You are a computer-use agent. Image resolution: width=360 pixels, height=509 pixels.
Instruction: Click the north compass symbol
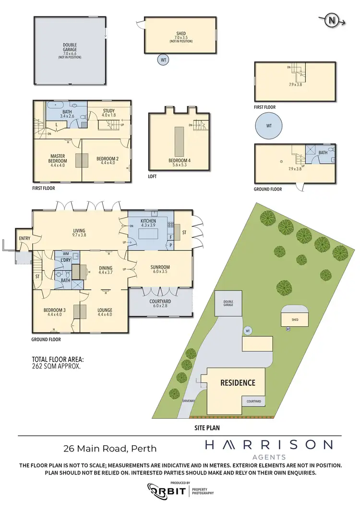[x=331, y=20]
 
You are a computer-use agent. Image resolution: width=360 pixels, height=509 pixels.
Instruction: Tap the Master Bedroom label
[x=58, y=158]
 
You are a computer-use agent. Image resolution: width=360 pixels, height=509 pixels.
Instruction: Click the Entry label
[x=24, y=238]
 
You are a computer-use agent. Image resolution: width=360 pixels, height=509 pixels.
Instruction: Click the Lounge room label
[x=105, y=310]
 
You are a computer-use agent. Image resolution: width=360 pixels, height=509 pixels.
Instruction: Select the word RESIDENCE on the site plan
[x=238, y=383]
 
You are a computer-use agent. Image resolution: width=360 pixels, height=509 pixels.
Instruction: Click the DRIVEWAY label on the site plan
[x=189, y=401]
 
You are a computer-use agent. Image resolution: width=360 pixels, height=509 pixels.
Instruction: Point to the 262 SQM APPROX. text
[x=55, y=365]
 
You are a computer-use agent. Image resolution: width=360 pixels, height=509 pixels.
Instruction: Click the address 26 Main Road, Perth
[x=110, y=449]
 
